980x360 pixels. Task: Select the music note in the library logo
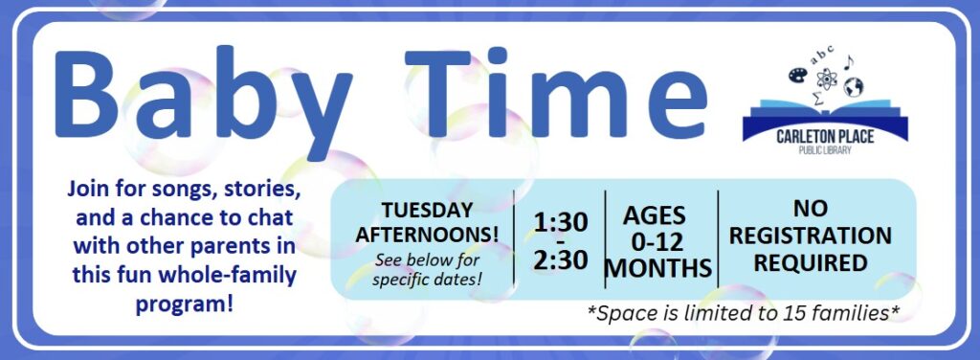[x=848, y=62]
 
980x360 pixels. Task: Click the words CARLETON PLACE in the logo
[x=825, y=138]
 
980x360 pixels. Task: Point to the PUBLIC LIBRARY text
[x=825, y=150]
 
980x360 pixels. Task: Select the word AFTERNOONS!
[x=428, y=235]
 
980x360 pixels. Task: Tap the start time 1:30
[x=561, y=222]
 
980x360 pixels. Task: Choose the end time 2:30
[x=561, y=260]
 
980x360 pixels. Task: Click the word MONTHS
[x=659, y=269]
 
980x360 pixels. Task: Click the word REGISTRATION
[x=817, y=236]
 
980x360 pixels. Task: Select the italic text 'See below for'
[x=428, y=260]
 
